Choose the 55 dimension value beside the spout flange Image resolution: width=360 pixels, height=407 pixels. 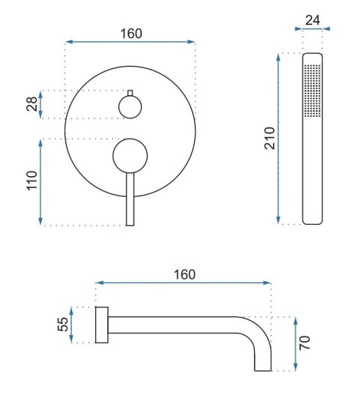63,324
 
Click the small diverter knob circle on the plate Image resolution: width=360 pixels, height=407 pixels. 130,108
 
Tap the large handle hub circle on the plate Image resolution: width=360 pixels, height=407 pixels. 130,157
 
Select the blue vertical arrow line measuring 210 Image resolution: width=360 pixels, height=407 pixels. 280,138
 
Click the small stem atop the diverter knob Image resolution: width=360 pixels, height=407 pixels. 130,93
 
